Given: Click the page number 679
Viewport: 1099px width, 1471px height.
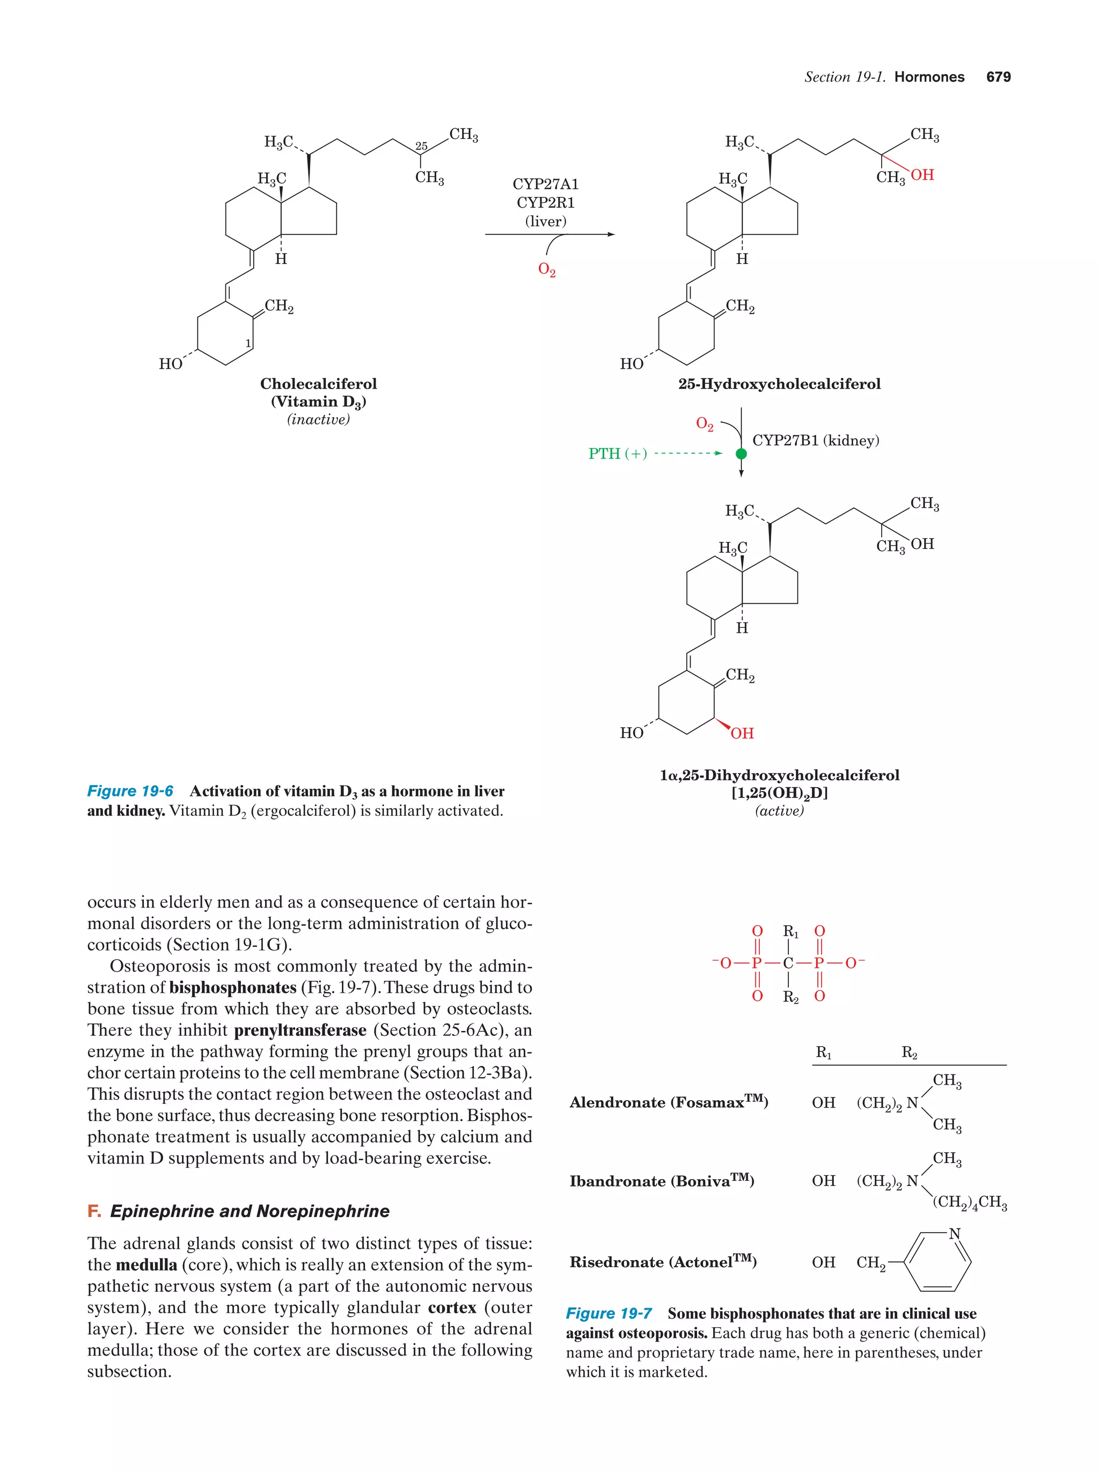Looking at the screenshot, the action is click(x=998, y=77).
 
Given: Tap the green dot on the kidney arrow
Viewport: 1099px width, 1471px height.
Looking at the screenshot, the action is click(x=741, y=454).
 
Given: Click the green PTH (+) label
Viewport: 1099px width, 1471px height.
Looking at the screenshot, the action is click(x=617, y=454).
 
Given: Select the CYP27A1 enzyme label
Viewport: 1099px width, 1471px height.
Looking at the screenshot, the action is click(x=545, y=184).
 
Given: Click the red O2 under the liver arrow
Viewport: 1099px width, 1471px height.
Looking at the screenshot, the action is click(x=546, y=270).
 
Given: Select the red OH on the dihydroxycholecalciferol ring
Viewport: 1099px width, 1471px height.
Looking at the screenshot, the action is click(x=742, y=733).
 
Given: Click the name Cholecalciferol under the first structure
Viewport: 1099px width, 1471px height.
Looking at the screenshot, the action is click(x=318, y=384).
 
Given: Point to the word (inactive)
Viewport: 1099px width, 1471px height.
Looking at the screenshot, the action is click(x=318, y=420).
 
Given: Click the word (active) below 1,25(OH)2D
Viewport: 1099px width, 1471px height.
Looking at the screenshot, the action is click(x=779, y=811).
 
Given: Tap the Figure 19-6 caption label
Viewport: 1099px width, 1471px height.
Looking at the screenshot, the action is click(x=130, y=792).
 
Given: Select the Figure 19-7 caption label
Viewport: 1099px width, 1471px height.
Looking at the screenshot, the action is click(x=609, y=1313).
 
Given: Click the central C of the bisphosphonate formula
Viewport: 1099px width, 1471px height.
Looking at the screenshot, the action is click(x=788, y=963).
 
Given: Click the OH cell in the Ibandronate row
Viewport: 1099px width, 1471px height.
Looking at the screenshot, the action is click(x=823, y=1181).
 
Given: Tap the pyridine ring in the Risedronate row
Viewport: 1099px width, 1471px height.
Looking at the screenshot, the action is click(x=937, y=1262).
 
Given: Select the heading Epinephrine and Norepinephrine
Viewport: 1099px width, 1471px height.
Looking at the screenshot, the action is click(x=250, y=1211).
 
